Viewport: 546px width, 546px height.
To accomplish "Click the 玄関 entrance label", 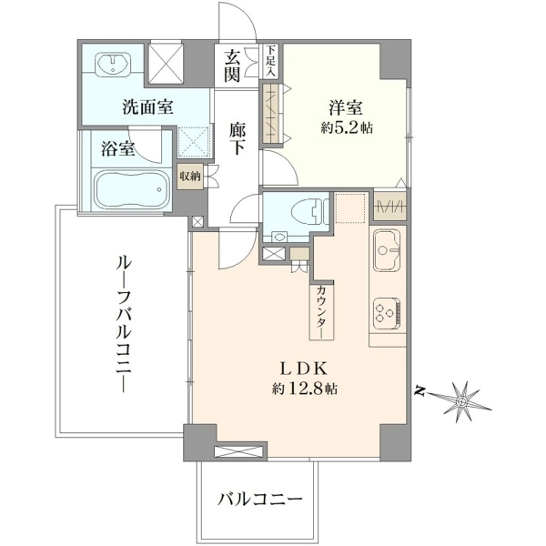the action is pos(232,66).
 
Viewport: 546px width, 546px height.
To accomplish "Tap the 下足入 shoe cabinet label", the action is pos(271,61).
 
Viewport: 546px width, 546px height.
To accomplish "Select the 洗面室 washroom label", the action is pos(147,106).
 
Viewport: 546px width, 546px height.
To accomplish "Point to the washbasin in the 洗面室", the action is pos(114,64).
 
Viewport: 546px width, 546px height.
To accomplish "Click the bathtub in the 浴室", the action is pos(132,188).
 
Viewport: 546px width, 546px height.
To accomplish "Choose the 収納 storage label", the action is pos(190,177).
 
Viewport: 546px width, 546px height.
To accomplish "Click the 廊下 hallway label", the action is pos(238,138).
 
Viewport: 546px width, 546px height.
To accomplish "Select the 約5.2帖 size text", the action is pos(347,128).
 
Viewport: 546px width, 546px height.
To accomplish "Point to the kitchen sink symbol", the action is pos(387,249).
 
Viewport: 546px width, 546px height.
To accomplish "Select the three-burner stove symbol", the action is pos(386,313).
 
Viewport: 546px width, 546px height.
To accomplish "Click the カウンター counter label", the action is pos(322,311).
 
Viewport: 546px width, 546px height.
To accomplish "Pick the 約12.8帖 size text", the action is pos(304,388).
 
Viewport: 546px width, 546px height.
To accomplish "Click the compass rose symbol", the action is pos(462,402).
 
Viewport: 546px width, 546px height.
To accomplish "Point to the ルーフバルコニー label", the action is pos(124,324).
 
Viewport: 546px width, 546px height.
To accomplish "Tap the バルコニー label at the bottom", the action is pos(259,500).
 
